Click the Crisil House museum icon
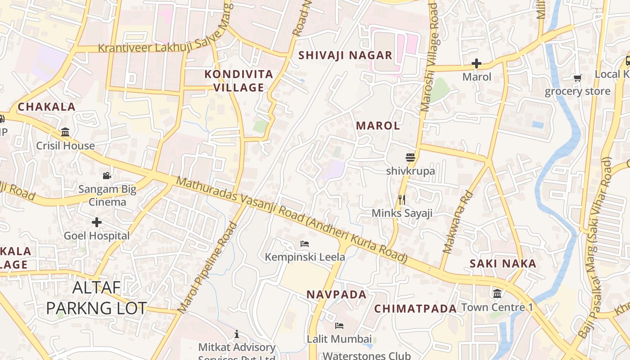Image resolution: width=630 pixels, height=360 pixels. click(x=65, y=132)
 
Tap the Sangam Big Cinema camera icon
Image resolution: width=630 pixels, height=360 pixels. click(x=107, y=175)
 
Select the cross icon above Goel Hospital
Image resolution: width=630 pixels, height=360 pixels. click(x=96, y=222)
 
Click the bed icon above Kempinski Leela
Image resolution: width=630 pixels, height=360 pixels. click(x=305, y=244)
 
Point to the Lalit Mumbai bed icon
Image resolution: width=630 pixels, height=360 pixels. click(x=339, y=325)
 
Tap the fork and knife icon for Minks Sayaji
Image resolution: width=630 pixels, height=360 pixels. click(x=402, y=200)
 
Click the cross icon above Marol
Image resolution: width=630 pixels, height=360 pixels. click(x=477, y=63)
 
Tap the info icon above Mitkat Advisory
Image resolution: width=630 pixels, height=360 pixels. click(x=237, y=334)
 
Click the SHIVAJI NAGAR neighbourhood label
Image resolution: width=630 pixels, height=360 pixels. click(x=346, y=55)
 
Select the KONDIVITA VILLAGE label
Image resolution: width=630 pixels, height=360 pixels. click(x=238, y=81)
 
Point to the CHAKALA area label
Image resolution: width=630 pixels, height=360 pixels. click(x=46, y=107)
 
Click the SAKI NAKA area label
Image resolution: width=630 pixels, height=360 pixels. click(x=503, y=264)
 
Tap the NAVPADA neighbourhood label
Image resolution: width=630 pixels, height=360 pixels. click(x=337, y=294)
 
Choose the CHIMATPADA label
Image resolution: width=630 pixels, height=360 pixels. click(x=415, y=308)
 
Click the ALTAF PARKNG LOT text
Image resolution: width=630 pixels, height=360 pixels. click(x=96, y=297)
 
